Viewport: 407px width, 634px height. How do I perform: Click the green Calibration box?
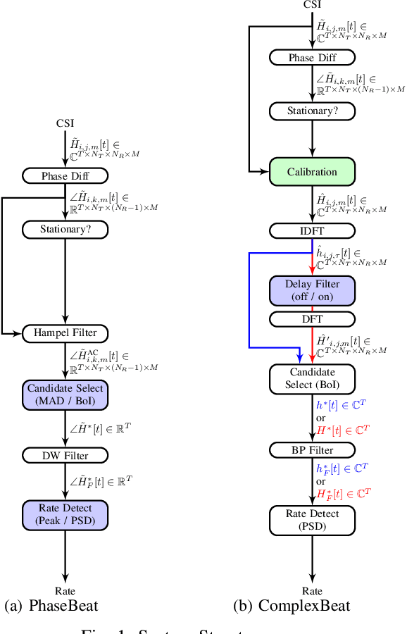pyautogui.click(x=312, y=172)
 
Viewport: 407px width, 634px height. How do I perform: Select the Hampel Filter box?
pyautogui.click(x=65, y=332)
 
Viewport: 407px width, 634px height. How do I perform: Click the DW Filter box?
pyautogui.click(x=65, y=455)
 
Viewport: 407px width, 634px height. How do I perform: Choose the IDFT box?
pyautogui.click(x=312, y=230)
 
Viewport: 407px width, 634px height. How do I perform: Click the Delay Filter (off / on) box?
pyautogui.click(x=312, y=290)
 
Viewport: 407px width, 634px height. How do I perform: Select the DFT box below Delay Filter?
pyautogui.click(x=312, y=319)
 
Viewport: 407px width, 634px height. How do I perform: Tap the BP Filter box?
pyautogui.click(x=312, y=449)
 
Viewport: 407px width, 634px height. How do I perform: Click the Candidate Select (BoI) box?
pyautogui.click(x=312, y=379)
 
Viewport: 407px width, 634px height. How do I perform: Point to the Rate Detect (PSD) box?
pyautogui.click(x=312, y=520)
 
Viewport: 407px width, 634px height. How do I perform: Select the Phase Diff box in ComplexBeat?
pyautogui.click(x=312, y=58)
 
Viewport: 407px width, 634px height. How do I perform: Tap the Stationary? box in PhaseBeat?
pyautogui.click(x=65, y=229)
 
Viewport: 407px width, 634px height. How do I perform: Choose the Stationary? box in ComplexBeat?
pyautogui.click(x=312, y=111)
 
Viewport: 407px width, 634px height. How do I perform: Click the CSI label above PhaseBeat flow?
pyautogui.click(x=65, y=124)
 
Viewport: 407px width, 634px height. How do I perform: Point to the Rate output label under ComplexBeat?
pyautogui.click(x=312, y=591)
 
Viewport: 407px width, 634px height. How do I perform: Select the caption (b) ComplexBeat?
pyautogui.click(x=292, y=606)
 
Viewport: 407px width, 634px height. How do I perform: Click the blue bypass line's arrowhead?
pyautogui.click(x=301, y=357)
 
